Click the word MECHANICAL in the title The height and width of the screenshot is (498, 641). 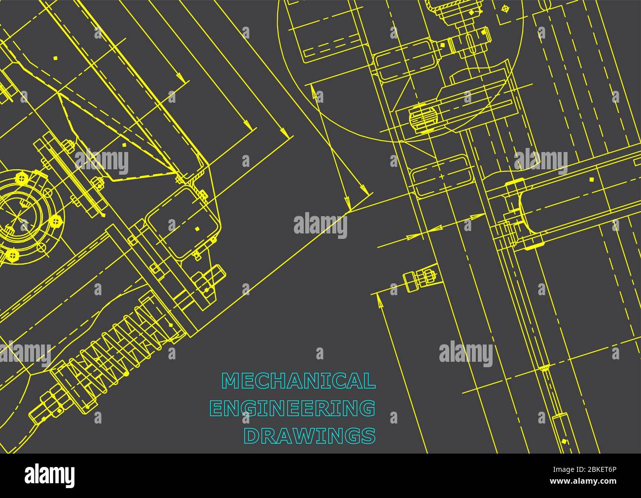(298, 381)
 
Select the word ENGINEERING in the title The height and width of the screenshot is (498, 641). (292, 409)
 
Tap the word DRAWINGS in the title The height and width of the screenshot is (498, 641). (310, 436)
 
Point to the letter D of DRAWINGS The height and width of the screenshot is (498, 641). (252, 436)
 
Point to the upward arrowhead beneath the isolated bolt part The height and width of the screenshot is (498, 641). (379, 299)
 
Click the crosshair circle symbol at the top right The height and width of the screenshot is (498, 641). (504, 8)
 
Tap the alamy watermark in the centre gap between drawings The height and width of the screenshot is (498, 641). (320, 225)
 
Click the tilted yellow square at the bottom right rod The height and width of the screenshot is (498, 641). (545, 368)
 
